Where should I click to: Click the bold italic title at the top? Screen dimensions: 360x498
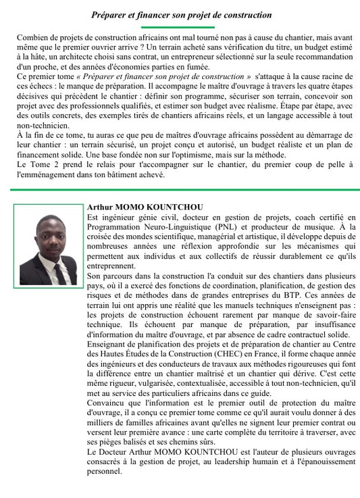pos(181,14)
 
